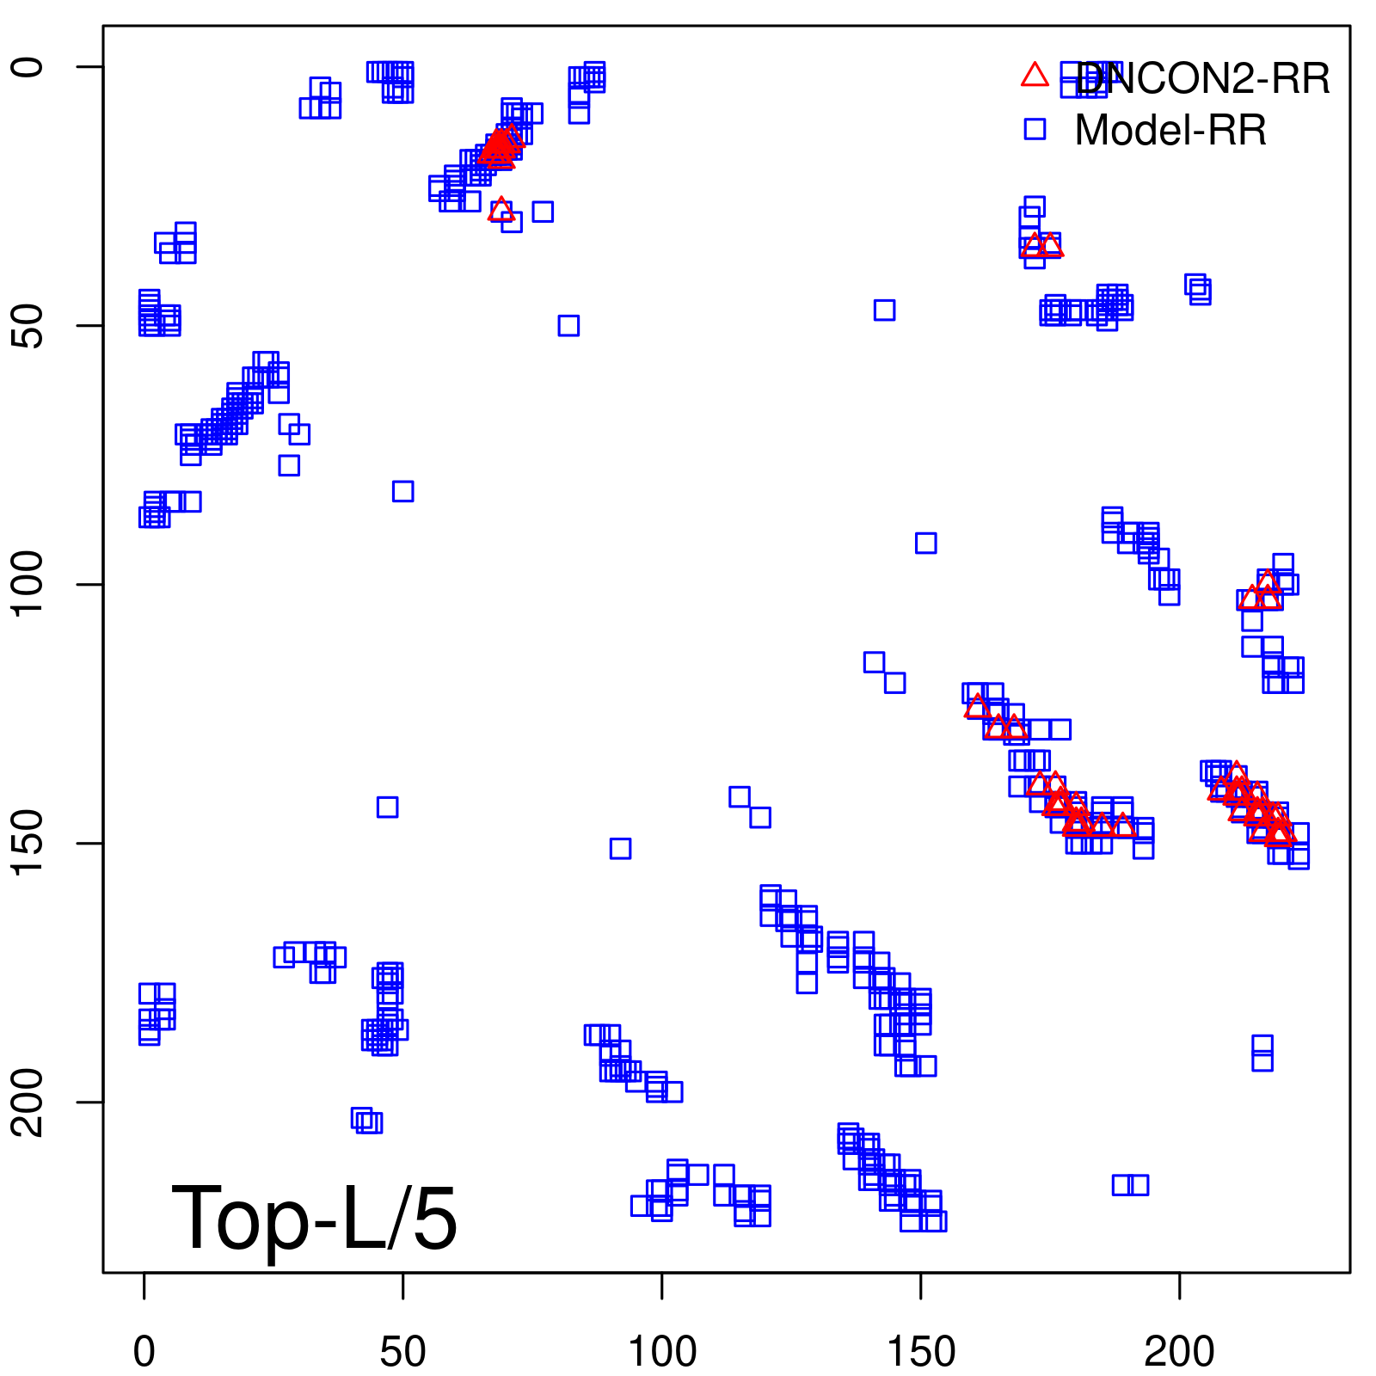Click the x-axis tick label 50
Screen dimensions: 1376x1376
(x=402, y=1353)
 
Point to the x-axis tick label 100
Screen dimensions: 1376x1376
(x=661, y=1353)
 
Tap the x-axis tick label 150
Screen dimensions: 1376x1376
(x=920, y=1353)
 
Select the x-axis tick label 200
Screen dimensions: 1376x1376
(x=1179, y=1353)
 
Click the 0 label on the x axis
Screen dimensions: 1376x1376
(x=144, y=1353)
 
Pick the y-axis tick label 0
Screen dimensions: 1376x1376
(x=28, y=67)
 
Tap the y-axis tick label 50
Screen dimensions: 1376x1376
(x=28, y=326)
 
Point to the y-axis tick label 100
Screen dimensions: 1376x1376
(x=28, y=585)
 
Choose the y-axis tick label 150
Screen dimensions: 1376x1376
(x=28, y=844)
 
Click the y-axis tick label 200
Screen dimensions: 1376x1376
(x=28, y=1103)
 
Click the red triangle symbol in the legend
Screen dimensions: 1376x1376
(x=1035, y=76)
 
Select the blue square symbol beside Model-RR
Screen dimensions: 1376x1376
(x=1035, y=129)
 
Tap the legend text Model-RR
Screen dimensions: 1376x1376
(x=1170, y=131)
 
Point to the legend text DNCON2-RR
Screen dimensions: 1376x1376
(x=1202, y=79)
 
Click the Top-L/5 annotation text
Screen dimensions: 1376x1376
(x=314, y=1218)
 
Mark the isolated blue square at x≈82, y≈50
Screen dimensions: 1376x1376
(x=568, y=325)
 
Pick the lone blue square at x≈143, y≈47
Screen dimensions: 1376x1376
(x=884, y=310)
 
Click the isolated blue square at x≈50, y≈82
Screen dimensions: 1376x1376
(x=402, y=491)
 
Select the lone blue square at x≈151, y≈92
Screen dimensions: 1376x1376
(x=925, y=543)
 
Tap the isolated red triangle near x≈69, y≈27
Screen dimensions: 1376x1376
(x=501, y=210)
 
